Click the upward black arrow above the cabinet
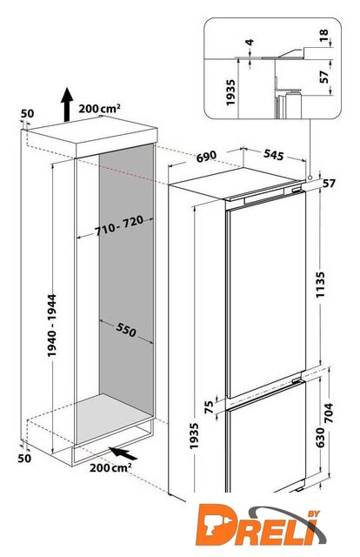pyautogui.click(x=67, y=104)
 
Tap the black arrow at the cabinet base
pyautogui.click(x=123, y=453)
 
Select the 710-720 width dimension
pyautogui.click(x=119, y=225)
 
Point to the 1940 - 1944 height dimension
pyautogui.click(x=52, y=325)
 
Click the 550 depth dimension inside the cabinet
pyautogui.click(x=126, y=331)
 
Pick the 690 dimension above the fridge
pyautogui.click(x=206, y=157)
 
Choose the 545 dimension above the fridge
pyautogui.click(x=273, y=155)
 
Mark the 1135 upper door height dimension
pyautogui.click(x=320, y=285)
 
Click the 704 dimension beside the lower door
pyautogui.click(x=329, y=413)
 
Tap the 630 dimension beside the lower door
pyautogui.click(x=320, y=438)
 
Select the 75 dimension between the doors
pyautogui.click(x=210, y=406)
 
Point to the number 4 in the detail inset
pyautogui.click(x=250, y=43)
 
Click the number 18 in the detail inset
pyautogui.click(x=323, y=36)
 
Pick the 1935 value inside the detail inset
pyautogui.click(x=230, y=92)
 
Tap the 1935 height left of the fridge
pyautogui.click(x=194, y=436)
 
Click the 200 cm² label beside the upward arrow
pyautogui.click(x=99, y=108)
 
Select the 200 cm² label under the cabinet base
pyautogui.click(x=110, y=467)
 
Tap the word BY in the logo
pyautogui.click(x=314, y=513)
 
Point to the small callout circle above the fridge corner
pyautogui.click(x=310, y=177)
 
